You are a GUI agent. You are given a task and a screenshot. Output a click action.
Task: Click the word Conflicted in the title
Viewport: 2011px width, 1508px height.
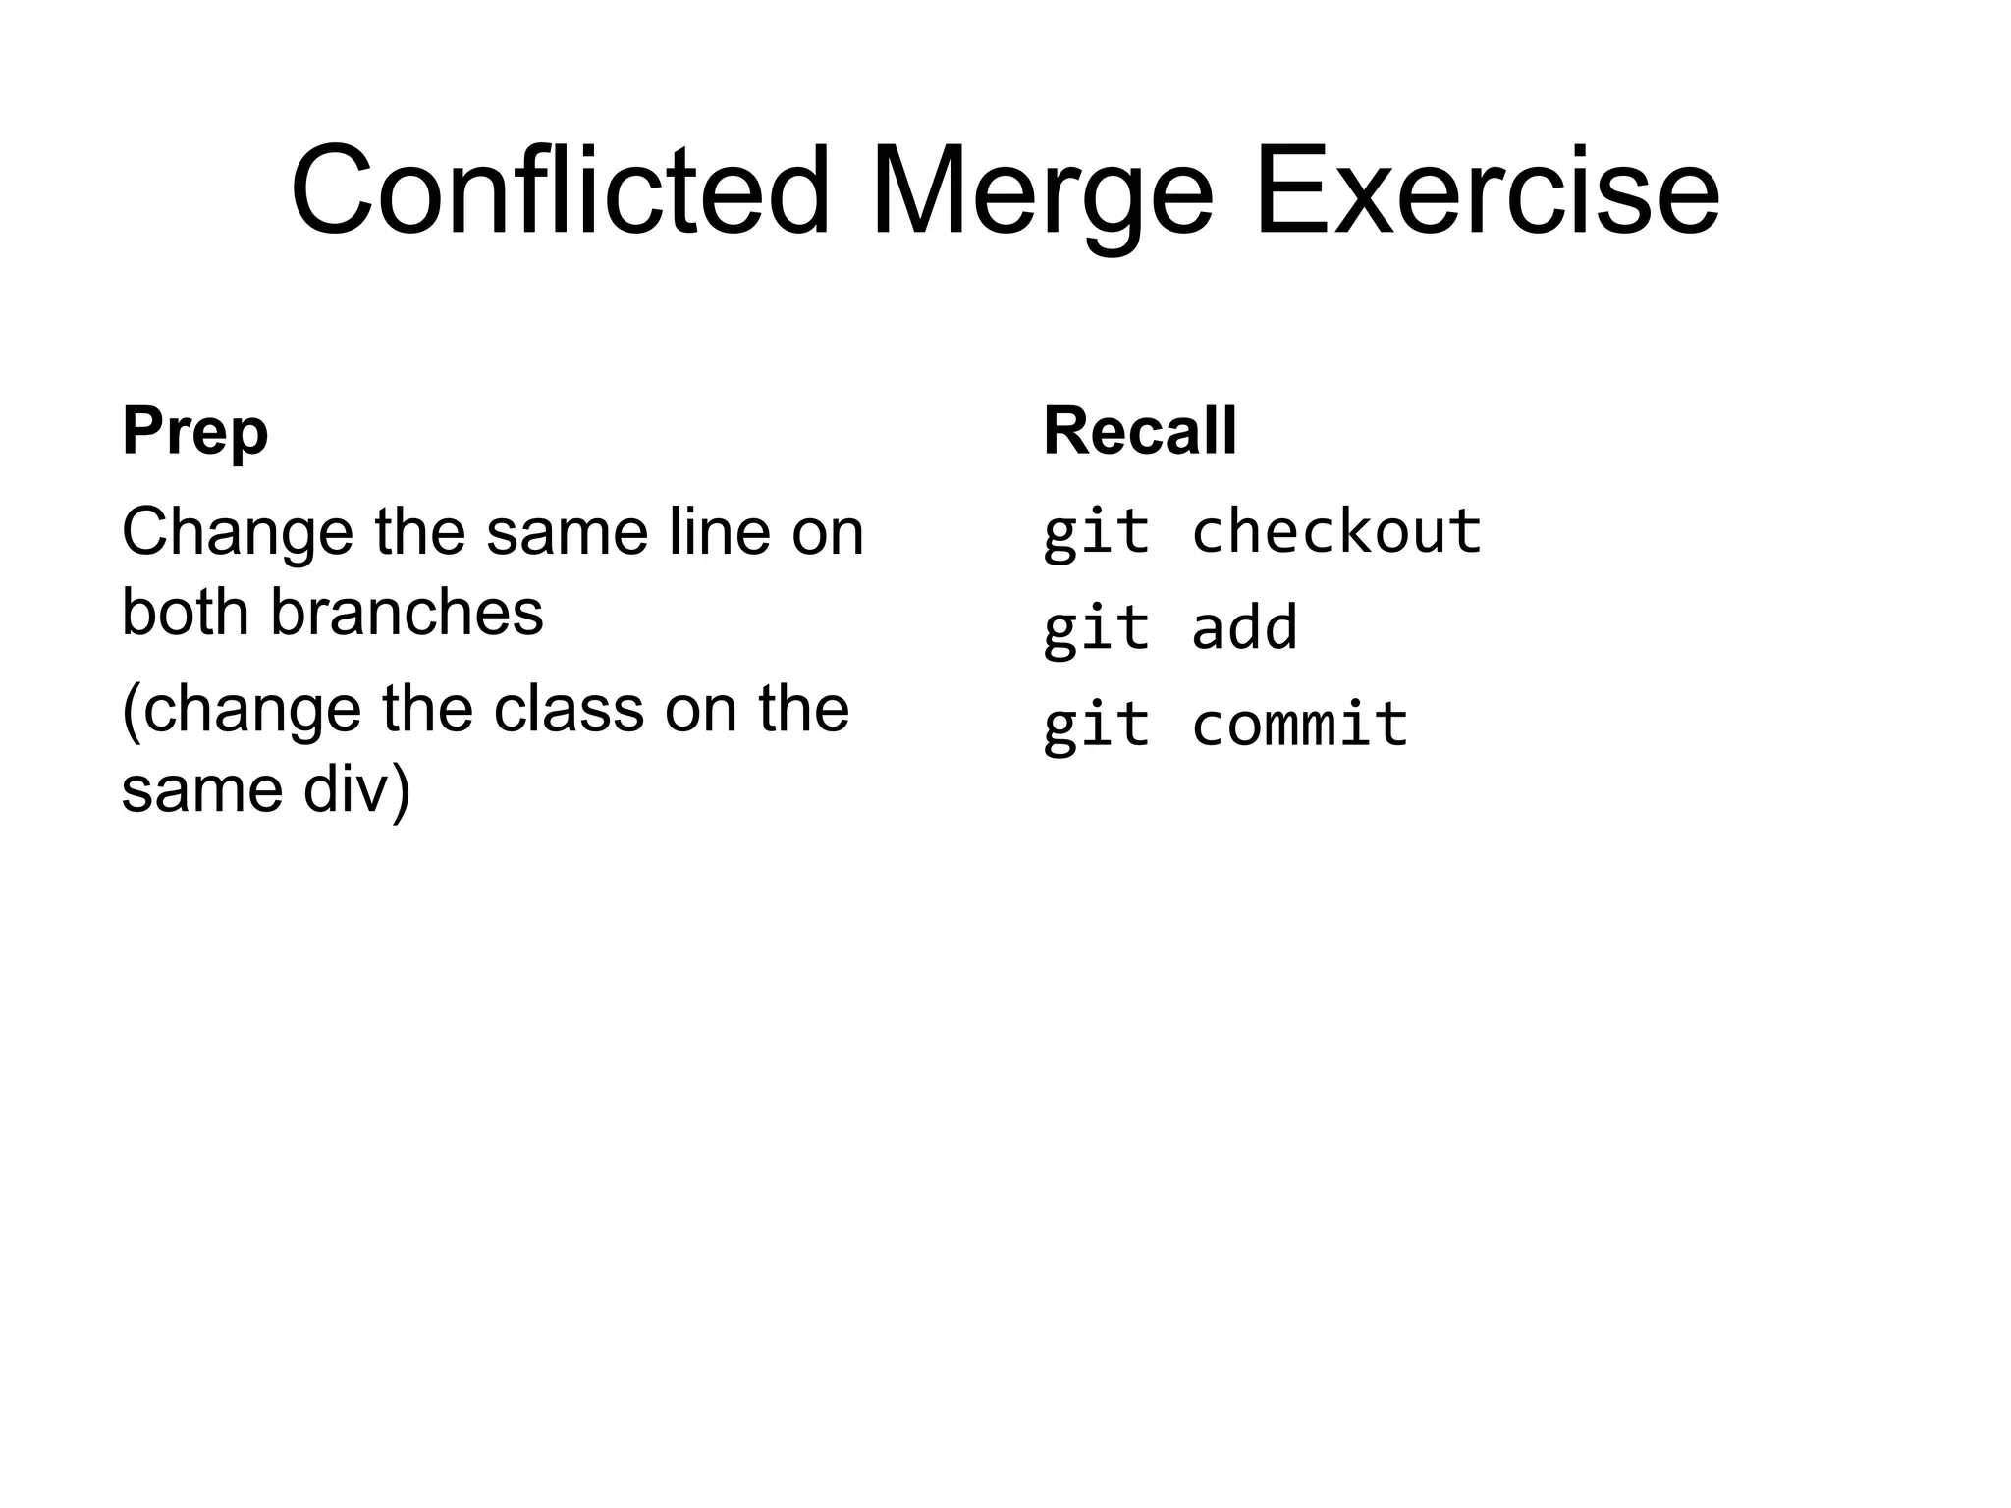[x=561, y=190]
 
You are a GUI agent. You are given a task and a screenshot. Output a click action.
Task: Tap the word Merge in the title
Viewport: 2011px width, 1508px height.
[x=1042, y=190]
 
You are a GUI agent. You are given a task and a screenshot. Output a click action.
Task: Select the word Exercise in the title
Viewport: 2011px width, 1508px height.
[x=1487, y=190]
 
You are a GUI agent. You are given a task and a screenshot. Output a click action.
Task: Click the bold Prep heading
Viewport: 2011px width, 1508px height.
[x=194, y=432]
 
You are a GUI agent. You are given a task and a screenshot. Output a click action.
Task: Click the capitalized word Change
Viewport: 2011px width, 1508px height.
[x=237, y=533]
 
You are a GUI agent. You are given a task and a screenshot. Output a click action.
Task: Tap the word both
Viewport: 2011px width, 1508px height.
[x=185, y=613]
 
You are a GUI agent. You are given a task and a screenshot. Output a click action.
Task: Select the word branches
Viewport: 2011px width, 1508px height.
[x=407, y=613]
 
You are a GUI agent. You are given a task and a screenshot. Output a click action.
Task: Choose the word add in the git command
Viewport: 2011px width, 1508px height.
[x=1244, y=627]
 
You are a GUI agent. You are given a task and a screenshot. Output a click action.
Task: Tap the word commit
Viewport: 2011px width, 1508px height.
[x=1300, y=724]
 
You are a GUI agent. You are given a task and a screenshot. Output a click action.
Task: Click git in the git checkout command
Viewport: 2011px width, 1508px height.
[x=1096, y=533]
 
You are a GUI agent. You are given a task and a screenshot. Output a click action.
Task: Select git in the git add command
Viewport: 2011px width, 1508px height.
[x=1096, y=629]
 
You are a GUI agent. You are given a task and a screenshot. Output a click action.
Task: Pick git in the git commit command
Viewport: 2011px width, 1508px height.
[x=1096, y=726]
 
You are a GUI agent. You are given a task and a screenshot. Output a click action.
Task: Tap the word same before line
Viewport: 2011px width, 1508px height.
[x=567, y=533]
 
